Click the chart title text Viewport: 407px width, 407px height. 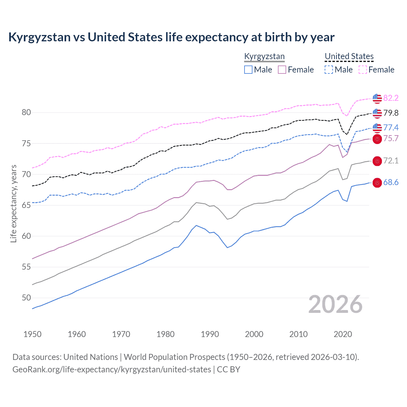click(x=171, y=37)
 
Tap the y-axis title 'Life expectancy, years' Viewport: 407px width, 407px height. click(x=13, y=203)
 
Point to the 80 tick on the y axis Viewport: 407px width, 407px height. click(x=26, y=112)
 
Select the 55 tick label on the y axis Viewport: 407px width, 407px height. click(x=26, y=267)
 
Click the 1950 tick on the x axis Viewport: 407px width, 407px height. click(x=32, y=334)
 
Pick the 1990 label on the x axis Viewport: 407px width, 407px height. click(x=210, y=334)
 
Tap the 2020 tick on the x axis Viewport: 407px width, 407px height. click(x=343, y=334)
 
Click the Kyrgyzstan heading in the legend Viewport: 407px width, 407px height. click(x=264, y=56)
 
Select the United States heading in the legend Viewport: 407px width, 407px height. click(x=349, y=56)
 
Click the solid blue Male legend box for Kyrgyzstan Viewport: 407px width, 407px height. click(x=248, y=70)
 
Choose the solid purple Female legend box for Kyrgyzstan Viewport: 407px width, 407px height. click(x=282, y=70)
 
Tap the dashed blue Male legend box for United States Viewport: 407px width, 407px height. click(x=329, y=70)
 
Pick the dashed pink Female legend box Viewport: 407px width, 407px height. click(x=363, y=70)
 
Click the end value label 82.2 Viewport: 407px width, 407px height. click(x=391, y=98)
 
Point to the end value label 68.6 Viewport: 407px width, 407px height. click(x=391, y=183)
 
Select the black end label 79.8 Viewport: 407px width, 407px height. click(x=391, y=113)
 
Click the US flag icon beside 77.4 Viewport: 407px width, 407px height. click(x=377, y=128)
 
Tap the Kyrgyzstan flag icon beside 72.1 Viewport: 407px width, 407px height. click(x=377, y=161)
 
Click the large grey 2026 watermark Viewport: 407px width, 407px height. click(x=335, y=304)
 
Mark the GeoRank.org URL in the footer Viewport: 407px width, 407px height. click(x=112, y=369)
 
